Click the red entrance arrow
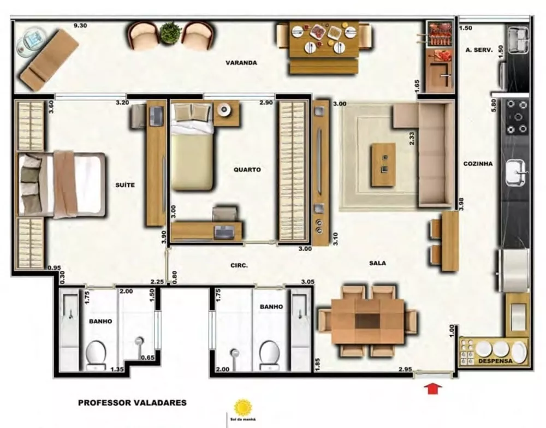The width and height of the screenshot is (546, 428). (x=432, y=389)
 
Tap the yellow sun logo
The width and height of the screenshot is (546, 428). (x=242, y=407)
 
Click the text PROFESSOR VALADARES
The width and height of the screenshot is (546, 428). (x=132, y=403)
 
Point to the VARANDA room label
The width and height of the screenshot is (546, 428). (x=241, y=63)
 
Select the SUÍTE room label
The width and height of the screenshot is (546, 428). (x=125, y=185)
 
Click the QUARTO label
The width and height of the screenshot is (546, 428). (x=247, y=170)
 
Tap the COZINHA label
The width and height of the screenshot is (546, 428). (x=478, y=163)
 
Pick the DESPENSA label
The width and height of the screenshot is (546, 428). (x=494, y=361)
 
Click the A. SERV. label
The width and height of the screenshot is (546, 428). (x=479, y=50)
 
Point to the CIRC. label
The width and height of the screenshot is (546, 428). (x=239, y=265)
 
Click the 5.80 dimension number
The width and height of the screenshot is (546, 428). (x=493, y=105)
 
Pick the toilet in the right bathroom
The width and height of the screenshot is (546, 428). (x=270, y=353)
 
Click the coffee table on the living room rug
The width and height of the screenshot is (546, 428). (x=382, y=164)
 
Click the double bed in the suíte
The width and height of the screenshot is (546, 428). (x=63, y=185)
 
